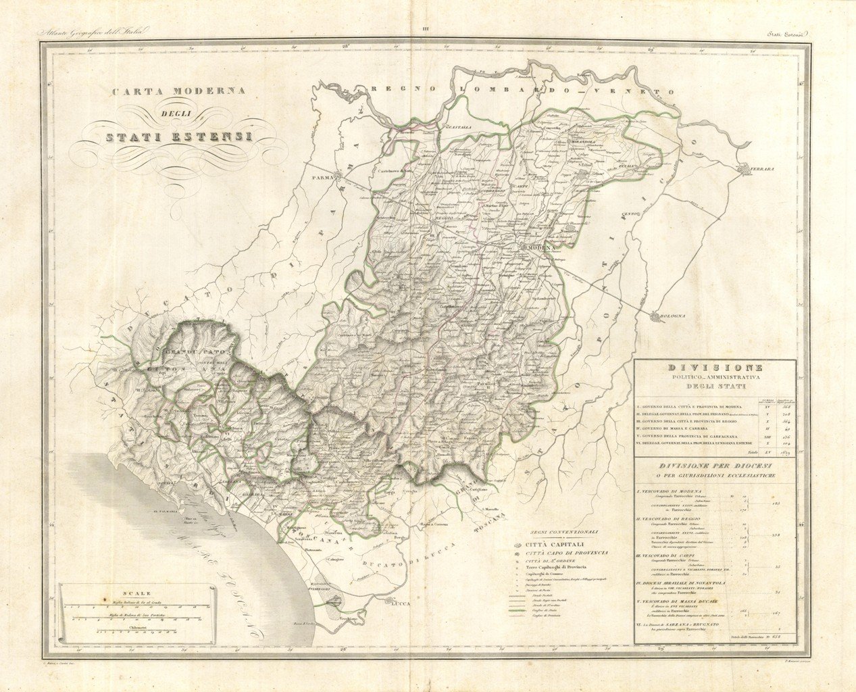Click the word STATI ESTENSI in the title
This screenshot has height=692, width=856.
(x=175, y=137)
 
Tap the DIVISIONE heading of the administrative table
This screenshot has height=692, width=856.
(x=714, y=367)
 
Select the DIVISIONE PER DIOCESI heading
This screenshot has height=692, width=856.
(x=714, y=466)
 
